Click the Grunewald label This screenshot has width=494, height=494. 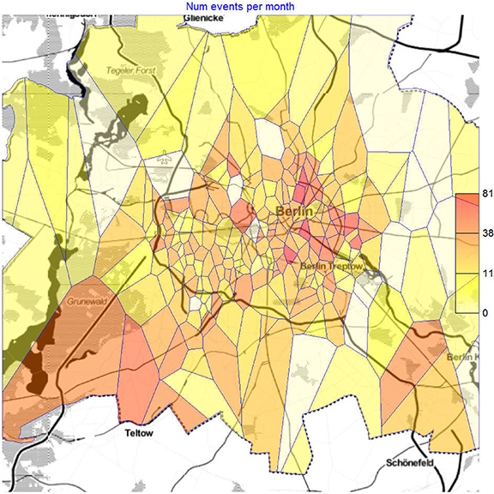click(87, 302)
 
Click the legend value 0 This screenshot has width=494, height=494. click(485, 313)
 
